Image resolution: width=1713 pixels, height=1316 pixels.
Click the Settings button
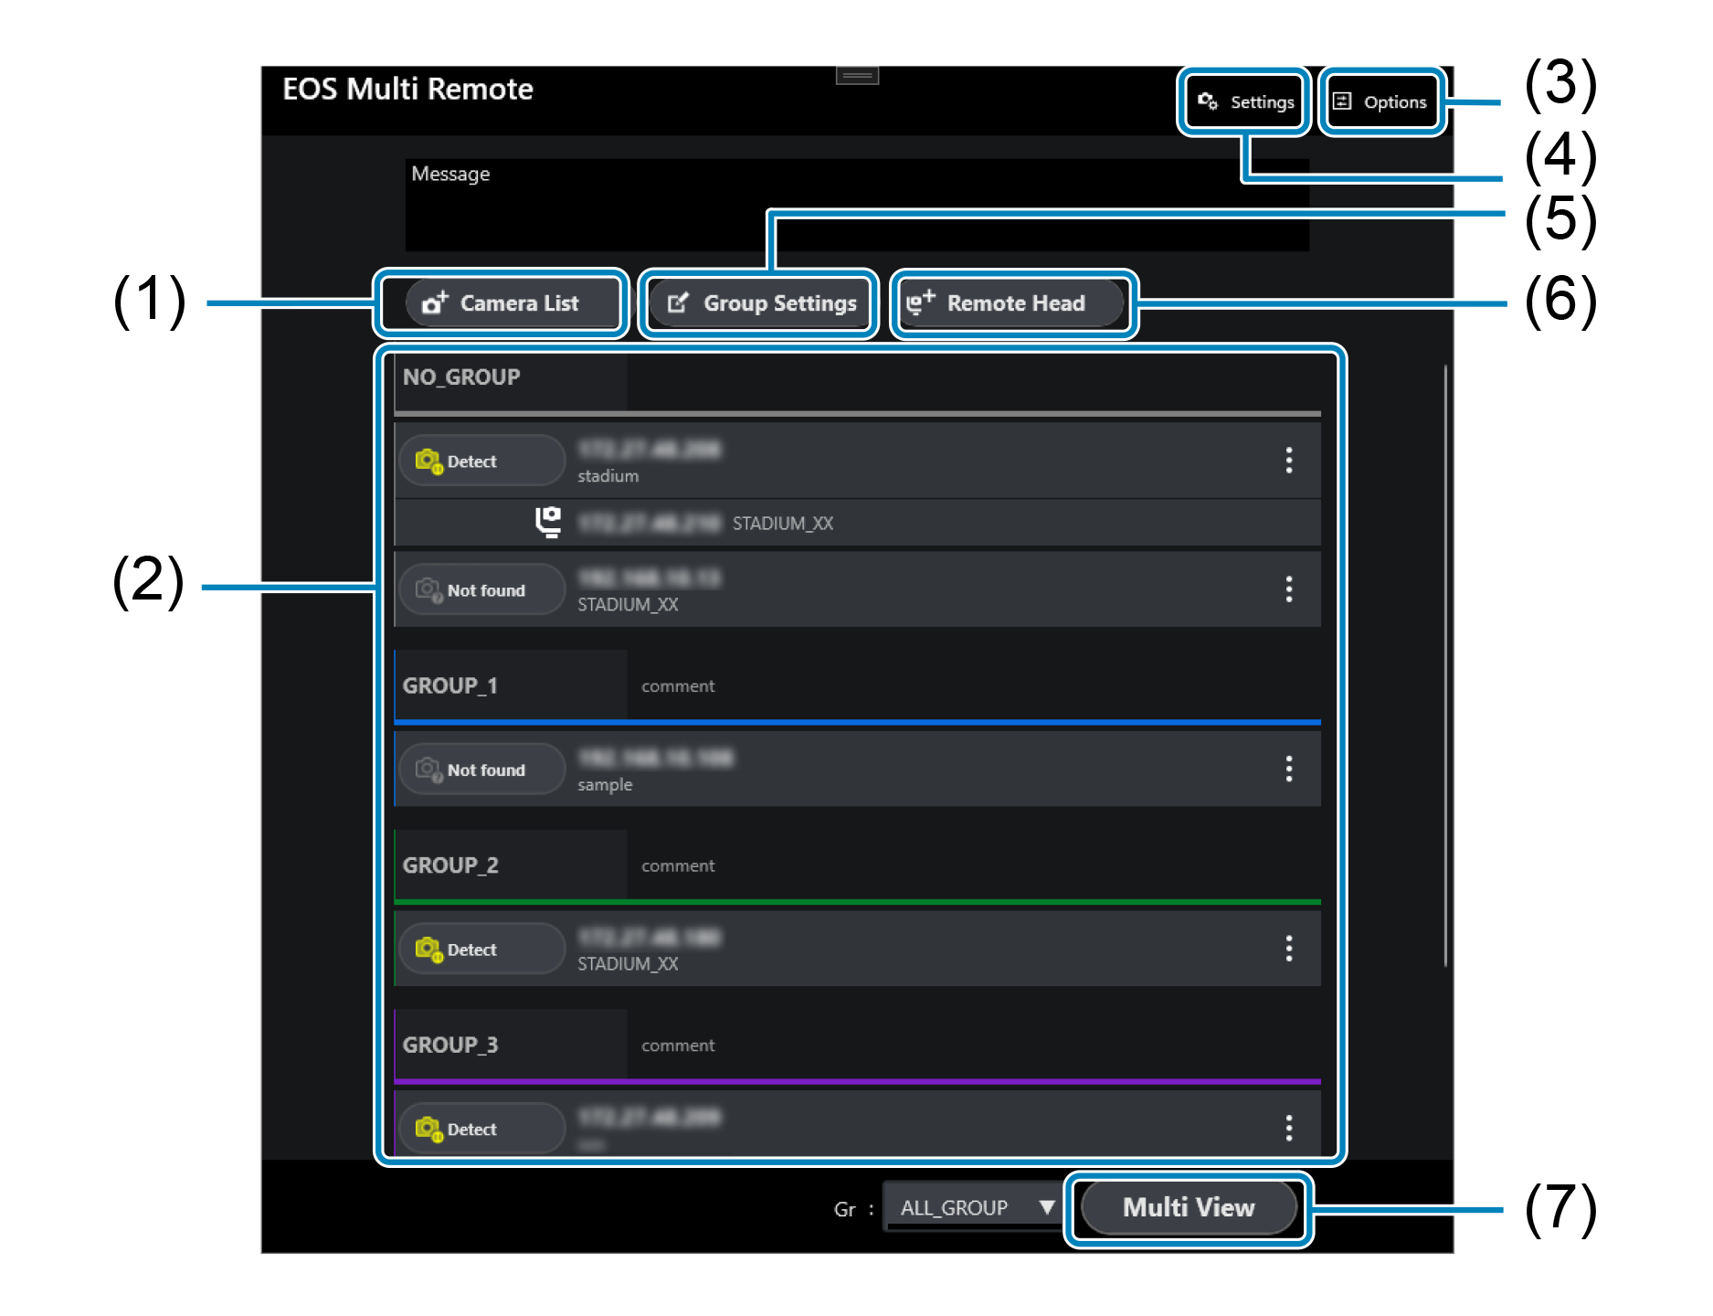1244,101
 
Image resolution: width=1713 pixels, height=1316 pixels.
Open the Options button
1381,101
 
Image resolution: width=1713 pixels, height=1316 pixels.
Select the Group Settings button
759,303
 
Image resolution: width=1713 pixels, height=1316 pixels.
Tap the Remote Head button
1012,303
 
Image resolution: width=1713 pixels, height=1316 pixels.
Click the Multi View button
1188,1207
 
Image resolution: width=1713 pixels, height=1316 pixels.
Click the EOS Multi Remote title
407,90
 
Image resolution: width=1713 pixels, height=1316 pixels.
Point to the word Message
450,174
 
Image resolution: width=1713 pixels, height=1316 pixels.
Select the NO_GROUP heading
461,377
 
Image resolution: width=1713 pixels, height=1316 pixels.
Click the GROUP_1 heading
450,685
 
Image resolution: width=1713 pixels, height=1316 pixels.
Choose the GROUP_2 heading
450,865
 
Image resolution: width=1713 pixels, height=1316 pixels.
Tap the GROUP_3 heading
450,1045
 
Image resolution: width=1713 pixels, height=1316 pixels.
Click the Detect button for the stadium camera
481,462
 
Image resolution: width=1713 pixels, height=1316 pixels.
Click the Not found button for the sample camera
481,769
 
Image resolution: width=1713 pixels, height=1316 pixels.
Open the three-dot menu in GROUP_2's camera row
1288,949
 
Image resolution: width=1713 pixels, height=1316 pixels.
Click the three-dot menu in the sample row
1288,769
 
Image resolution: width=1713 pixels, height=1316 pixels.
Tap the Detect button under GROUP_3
481,1129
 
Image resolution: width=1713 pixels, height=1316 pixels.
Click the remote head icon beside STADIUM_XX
548,522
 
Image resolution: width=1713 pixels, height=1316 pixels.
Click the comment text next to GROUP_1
678,686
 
